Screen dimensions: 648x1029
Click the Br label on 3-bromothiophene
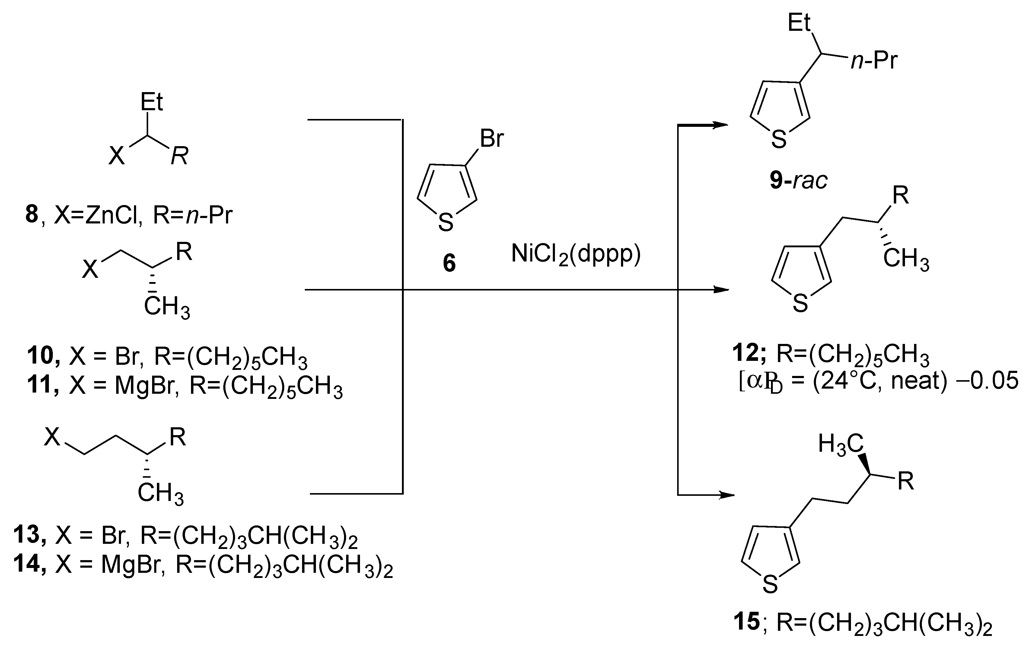click(492, 139)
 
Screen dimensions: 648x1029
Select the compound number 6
click(449, 263)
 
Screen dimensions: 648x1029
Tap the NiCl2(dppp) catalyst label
click(576, 255)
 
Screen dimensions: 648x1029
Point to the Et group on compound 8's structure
click(152, 102)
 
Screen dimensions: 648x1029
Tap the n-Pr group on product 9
click(874, 61)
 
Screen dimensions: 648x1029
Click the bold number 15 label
click(747, 621)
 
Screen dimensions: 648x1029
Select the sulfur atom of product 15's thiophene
click(770, 584)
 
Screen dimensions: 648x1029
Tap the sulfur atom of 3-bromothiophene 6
click(446, 223)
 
